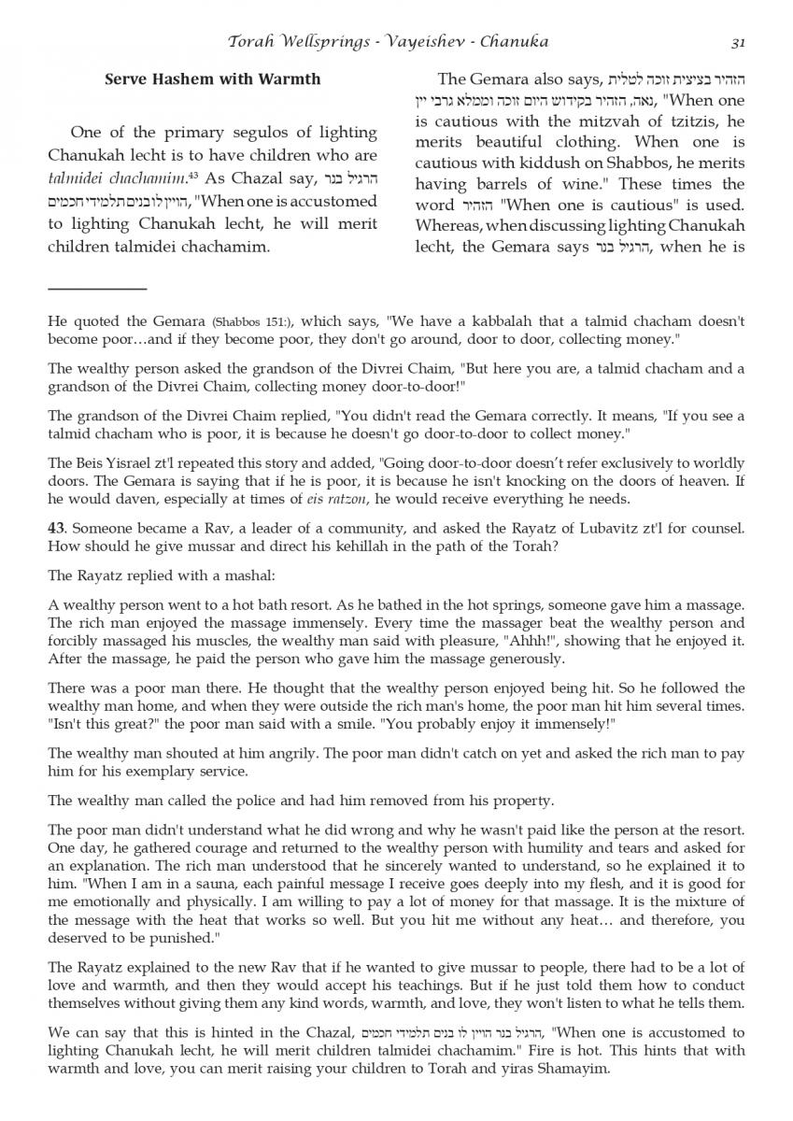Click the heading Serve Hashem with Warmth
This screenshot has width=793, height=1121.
(213, 79)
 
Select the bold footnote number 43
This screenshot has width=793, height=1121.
(56, 529)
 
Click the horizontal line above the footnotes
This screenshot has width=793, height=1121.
(97, 290)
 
